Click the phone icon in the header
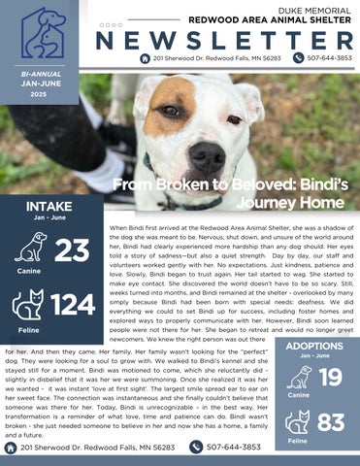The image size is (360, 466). (x=299, y=59)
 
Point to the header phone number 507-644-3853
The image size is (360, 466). (x=330, y=59)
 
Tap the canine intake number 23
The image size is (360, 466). (x=73, y=250)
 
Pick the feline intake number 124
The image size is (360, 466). (x=74, y=305)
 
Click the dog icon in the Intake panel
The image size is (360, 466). (x=30, y=246)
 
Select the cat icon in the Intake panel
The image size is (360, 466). (x=27, y=305)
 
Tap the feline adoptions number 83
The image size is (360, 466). (x=331, y=422)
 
